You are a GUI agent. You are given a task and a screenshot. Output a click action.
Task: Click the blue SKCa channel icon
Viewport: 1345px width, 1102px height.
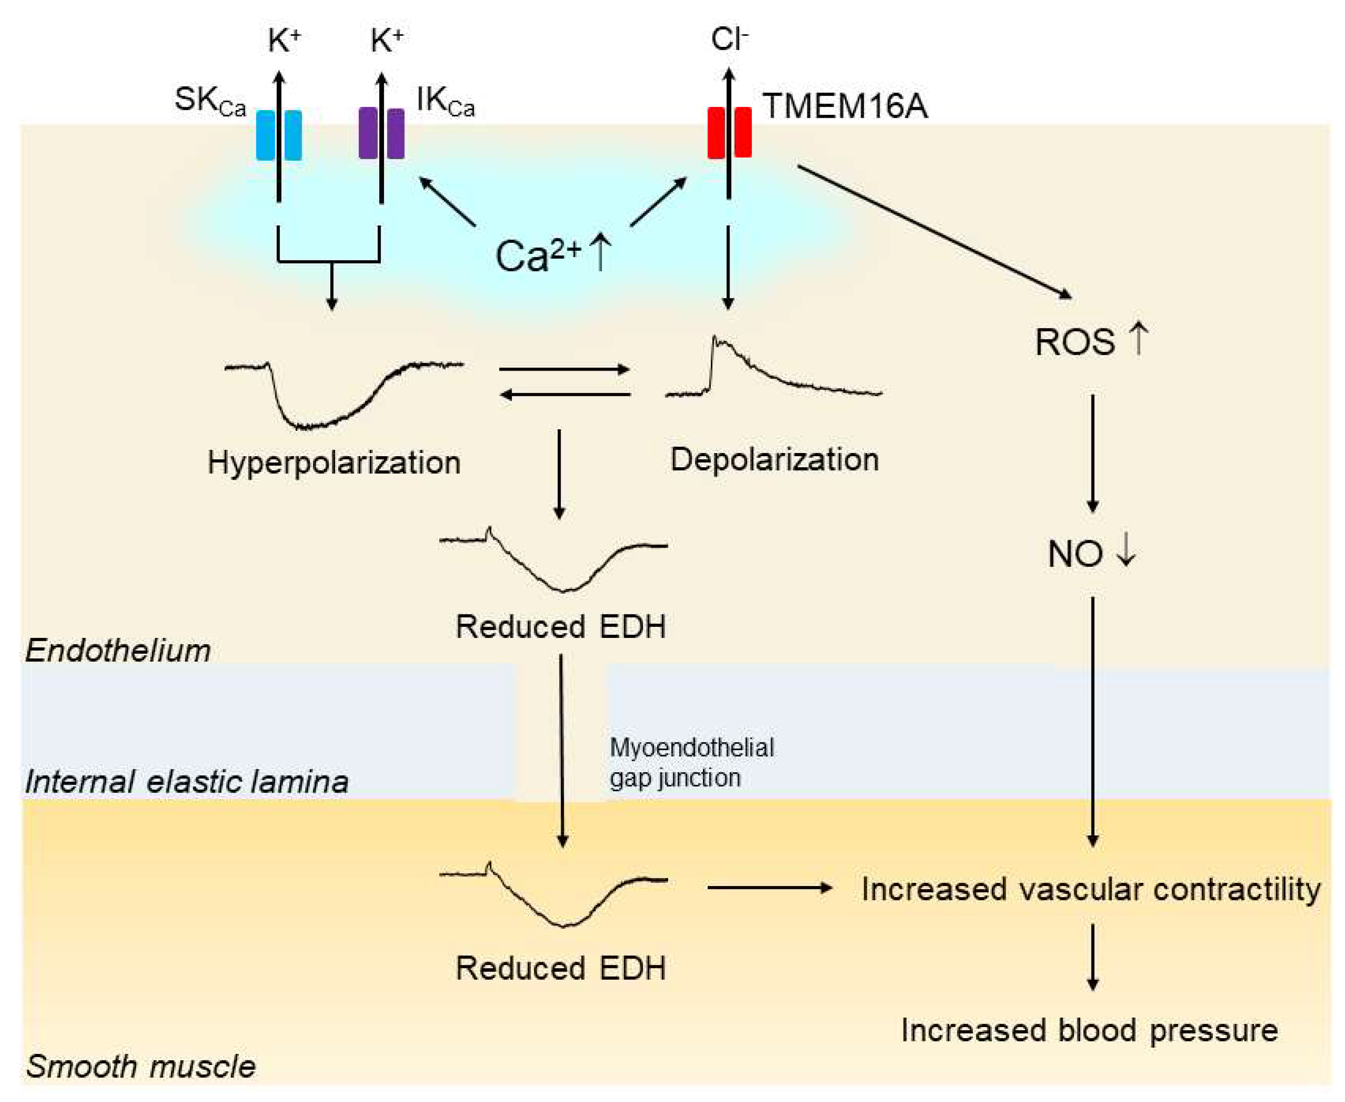click(x=279, y=135)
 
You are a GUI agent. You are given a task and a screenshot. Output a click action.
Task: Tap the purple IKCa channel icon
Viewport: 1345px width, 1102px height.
click(x=382, y=133)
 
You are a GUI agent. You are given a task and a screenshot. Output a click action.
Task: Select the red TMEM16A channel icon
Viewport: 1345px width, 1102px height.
click(x=729, y=132)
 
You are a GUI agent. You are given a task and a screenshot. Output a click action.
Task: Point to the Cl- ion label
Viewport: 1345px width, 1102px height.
click(x=729, y=39)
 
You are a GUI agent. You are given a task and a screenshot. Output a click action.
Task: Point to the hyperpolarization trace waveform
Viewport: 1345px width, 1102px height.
click(x=343, y=393)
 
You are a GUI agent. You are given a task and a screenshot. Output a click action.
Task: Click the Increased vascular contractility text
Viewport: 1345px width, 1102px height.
click(x=1090, y=889)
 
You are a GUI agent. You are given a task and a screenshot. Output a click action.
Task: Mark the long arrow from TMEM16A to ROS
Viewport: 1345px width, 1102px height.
click(x=933, y=232)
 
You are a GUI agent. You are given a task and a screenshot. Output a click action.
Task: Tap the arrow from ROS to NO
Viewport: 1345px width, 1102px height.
click(x=1092, y=452)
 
